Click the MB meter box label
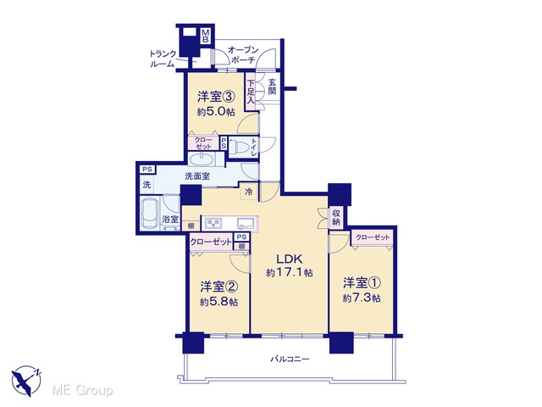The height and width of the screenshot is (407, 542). [205, 36]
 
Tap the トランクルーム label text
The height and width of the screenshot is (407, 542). [163, 59]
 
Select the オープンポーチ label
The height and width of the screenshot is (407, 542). [243, 54]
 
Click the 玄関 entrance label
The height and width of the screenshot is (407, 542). [273, 86]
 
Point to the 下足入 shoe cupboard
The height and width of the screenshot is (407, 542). [251, 92]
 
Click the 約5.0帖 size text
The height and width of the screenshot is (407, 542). [216, 111]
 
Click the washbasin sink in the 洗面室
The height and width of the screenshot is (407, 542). [202, 159]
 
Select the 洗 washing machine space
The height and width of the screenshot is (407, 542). [147, 185]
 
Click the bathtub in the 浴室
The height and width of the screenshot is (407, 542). [150, 213]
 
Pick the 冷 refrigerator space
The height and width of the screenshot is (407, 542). [249, 192]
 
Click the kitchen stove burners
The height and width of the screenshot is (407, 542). [214, 223]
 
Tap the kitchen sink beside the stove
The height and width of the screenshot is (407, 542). [246, 223]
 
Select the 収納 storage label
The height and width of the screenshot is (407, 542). [336, 217]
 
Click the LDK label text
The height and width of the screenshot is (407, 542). [290, 259]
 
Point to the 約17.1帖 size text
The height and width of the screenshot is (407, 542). [290, 273]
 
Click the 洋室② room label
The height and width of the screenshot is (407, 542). [218, 287]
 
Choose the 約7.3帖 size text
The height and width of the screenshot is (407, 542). [362, 298]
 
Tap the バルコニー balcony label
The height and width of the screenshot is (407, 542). [290, 359]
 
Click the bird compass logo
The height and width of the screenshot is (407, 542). [26, 382]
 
